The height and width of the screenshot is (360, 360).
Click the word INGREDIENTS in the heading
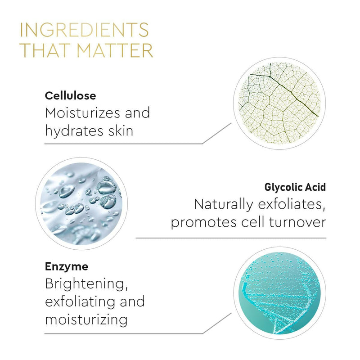[x=85, y=30]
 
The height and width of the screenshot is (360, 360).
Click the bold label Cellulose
[x=71, y=95]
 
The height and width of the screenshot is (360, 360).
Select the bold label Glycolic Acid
[x=295, y=187]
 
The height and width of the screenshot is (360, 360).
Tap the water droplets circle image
[x=81, y=202]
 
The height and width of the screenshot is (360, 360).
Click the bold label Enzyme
[x=66, y=266]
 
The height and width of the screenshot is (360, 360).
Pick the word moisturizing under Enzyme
[x=86, y=319]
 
